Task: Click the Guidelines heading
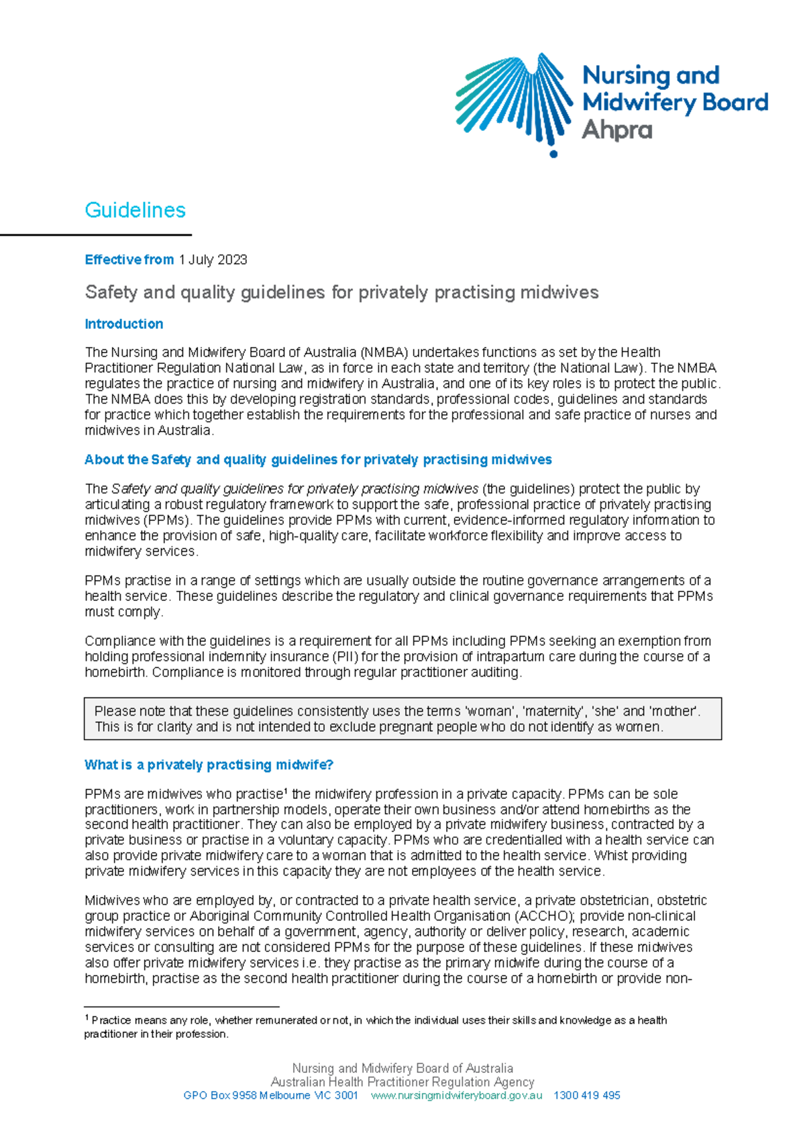135,210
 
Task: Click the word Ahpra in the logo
616,130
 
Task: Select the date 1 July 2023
213,260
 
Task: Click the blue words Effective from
129,260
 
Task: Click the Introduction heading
123,324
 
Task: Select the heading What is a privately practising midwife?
209,765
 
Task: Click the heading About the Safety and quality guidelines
318,460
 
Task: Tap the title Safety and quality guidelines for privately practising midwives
341,293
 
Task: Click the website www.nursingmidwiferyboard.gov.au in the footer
456,1095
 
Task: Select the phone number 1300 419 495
586,1095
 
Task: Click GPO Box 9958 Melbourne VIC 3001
270,1095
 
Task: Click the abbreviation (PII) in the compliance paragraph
340,657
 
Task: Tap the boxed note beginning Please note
402,719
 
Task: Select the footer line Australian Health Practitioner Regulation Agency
402,1082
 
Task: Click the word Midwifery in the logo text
629,103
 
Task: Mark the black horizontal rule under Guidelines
96,235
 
